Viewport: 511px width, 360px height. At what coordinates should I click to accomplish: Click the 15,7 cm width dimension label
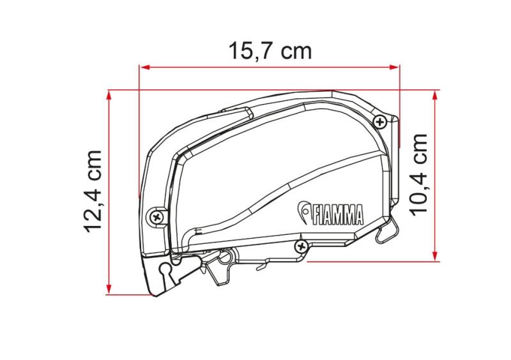click(x=270, y=52)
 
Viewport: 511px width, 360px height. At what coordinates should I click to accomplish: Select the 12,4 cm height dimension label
click(x=93, y=191)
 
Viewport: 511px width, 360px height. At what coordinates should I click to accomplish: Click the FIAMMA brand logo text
click(x=338, y=214)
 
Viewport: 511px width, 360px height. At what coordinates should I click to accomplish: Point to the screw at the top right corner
click(x=379, y=122)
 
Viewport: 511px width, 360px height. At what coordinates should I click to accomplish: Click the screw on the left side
click(x=157, y=216)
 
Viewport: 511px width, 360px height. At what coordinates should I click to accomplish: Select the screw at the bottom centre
click(x=301, y=246)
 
